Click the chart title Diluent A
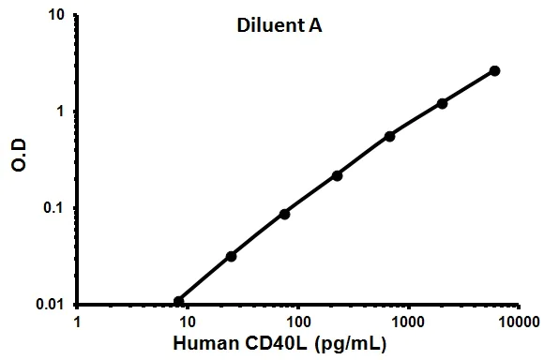point(279,27)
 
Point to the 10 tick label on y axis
point(56,15)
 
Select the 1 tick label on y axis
point(61,112)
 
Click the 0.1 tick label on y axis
point(53,208)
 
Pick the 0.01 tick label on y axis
point(50,305)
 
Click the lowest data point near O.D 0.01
point(179,301)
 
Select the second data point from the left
point(231,256)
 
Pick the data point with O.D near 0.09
point(284,214)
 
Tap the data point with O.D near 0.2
point(337,175)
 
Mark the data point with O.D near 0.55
point(389,136)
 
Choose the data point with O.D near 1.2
point(442,103)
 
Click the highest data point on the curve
point(494,70)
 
